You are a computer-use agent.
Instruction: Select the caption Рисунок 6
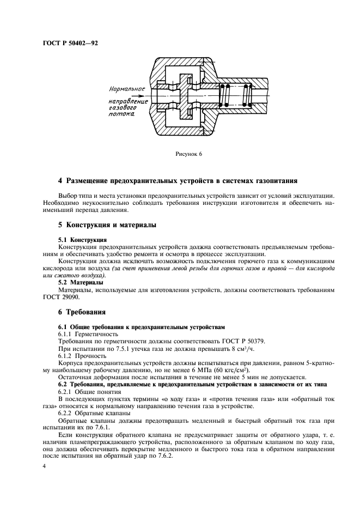(x=188, y=154)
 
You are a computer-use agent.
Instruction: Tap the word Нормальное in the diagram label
(x=126, y=88)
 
